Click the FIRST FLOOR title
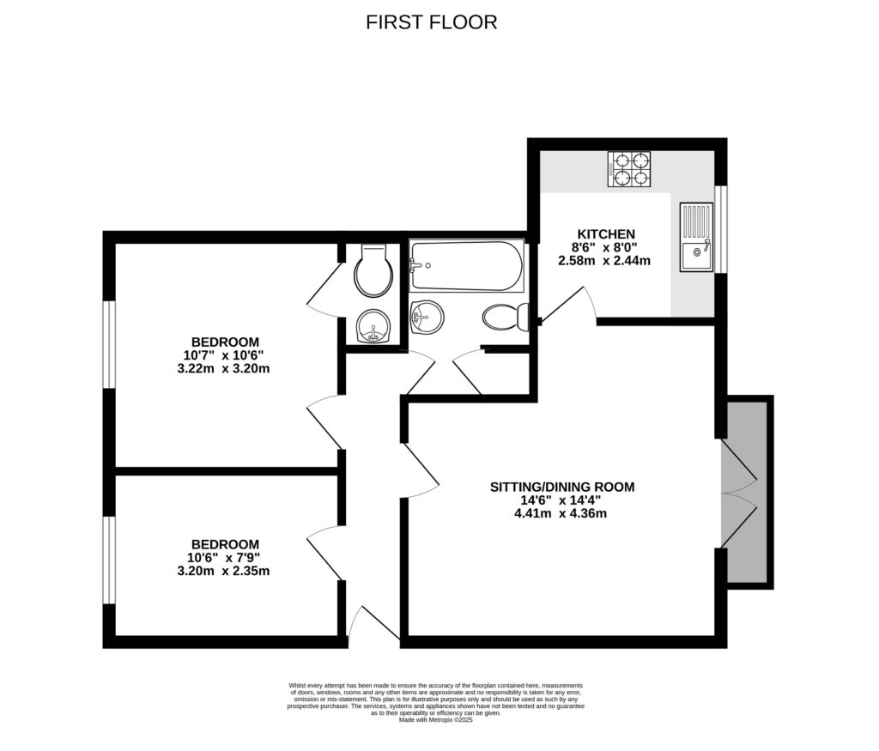coord(431,22)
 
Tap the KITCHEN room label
coord(605,233)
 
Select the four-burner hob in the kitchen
coord(629,170)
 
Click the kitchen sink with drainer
coord(696,238)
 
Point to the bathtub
coord(465,266)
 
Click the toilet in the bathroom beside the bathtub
coord(505,318)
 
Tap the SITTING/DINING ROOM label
coord(561,487)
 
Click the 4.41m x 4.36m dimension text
coord(561,514)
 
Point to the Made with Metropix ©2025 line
coord(436,720)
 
